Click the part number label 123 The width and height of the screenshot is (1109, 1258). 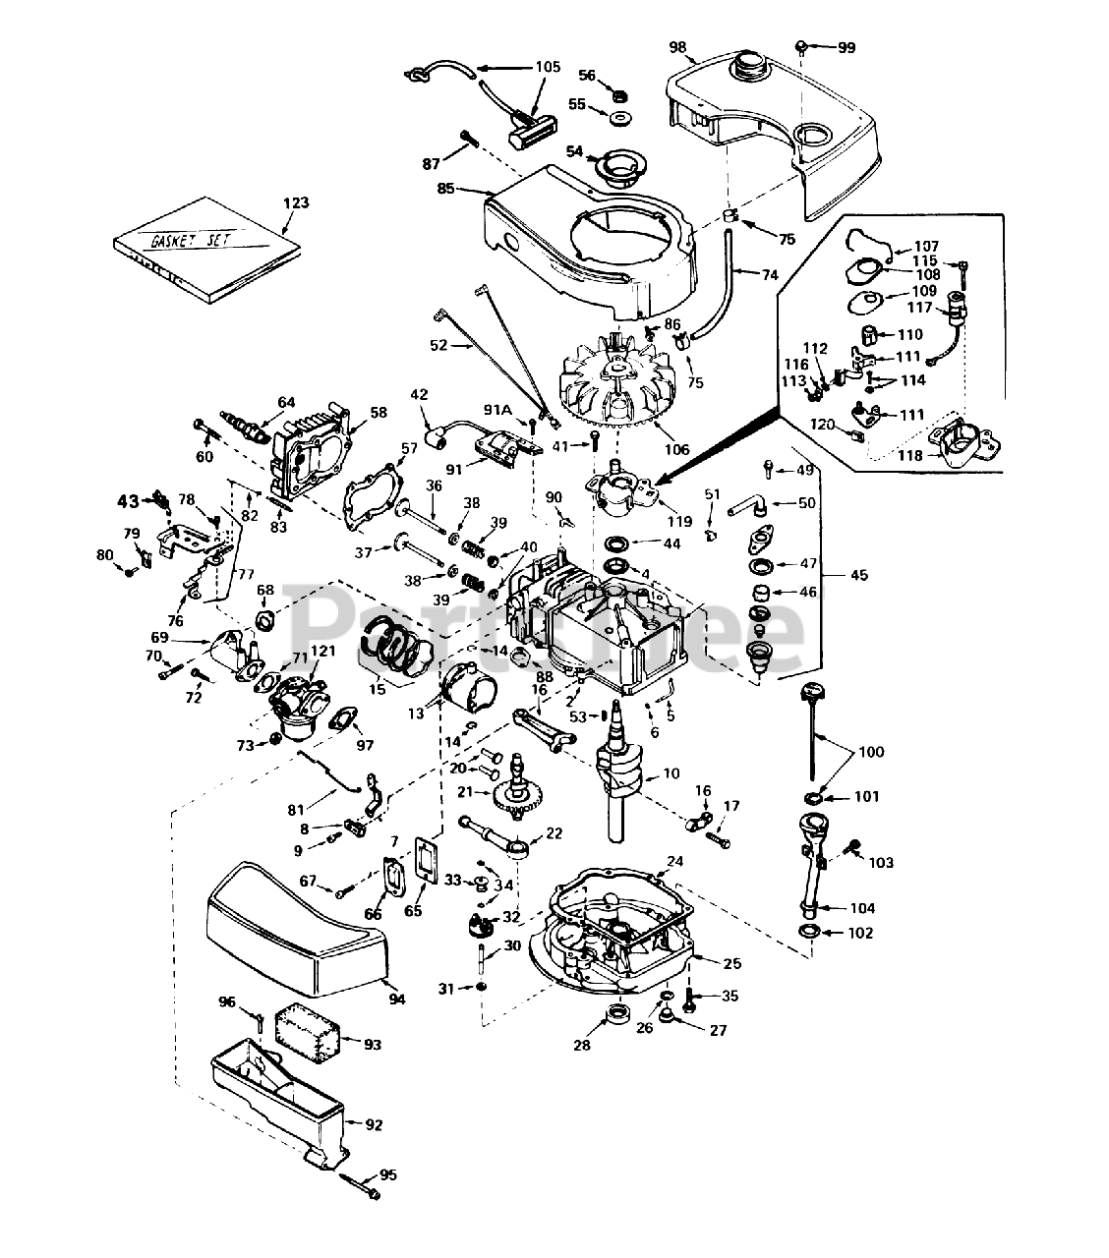point(296,202)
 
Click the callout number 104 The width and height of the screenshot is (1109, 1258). point(863,908)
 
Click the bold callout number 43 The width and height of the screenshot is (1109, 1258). point(128,500)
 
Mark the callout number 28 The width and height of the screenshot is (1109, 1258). point(582,1046)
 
